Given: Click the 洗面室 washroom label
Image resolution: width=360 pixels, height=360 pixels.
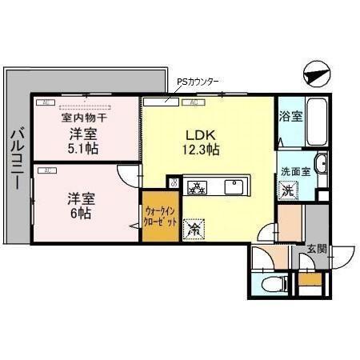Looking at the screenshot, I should pyautogui.click(x=294, y=172).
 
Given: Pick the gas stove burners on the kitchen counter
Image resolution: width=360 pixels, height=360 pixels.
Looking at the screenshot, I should pyautogui.click(x=196, y=188).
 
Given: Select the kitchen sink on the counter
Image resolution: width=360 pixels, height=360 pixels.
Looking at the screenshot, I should pyautogui.click(x=235, y=188).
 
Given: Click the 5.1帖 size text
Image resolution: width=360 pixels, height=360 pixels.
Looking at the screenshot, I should pyautogui.click(x=83, y=148).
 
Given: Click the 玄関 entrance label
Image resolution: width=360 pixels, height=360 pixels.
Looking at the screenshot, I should pyautogui.click(x=317, y=249).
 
